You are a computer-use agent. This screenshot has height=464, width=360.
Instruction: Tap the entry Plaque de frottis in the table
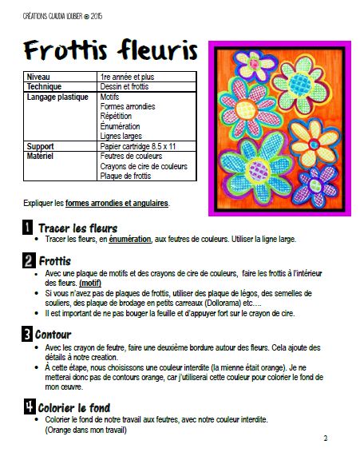(125, 176)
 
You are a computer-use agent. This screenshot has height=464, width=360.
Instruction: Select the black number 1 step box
(27, 228)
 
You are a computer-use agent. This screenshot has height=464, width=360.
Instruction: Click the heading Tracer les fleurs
(77, 228)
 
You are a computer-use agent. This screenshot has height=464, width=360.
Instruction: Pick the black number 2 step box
(27, 260)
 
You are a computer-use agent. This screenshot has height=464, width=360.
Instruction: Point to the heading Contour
(61, 334)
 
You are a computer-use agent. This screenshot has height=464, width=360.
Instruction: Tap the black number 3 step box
(27, 334)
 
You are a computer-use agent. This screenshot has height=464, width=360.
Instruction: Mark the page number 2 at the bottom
(325, 438)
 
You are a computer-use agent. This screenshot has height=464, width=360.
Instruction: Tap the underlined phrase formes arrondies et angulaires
(117, 203)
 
